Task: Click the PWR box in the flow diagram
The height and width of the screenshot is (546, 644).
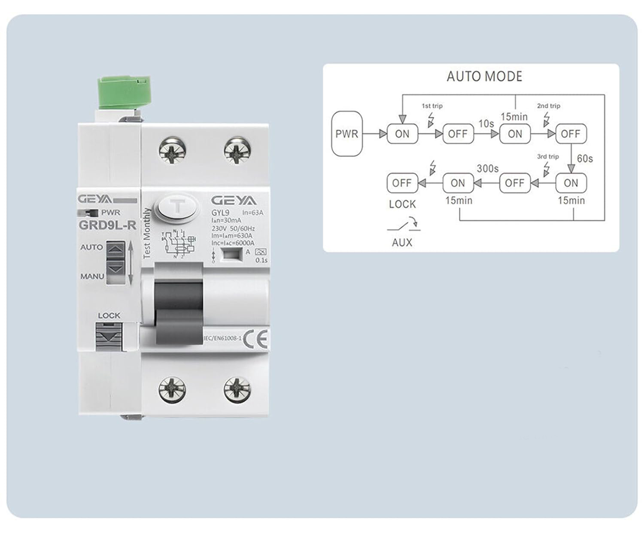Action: [x=347, y=134]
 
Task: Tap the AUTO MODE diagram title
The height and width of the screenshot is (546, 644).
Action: [x=484, y=76]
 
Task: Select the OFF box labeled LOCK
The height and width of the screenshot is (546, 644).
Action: [x=402, y=183]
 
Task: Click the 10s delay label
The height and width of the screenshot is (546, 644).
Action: [x=486, y=124]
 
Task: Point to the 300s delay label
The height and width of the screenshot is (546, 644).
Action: [x=487, y=169]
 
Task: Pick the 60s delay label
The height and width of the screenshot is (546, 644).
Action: [x=585, y=159]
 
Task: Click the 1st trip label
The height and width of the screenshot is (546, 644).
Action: [x=432, y=106]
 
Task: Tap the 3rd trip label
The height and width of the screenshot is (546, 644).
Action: [x=548, y=157]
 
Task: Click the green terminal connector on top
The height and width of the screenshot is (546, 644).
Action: [x=124, y=92]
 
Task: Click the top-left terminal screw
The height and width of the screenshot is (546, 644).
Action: [x=172, y=151]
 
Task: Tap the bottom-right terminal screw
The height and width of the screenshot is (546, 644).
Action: [x=237, y=390]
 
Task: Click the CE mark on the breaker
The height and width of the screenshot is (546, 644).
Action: [x=255, y=339]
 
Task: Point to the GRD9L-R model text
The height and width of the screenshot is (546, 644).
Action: [x=107, y=225]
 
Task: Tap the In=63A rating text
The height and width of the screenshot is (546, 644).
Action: [x=253, y=212]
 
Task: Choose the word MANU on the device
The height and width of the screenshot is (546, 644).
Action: [x=92, y=276]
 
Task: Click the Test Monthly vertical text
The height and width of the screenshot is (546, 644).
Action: [x=147, y=234]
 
